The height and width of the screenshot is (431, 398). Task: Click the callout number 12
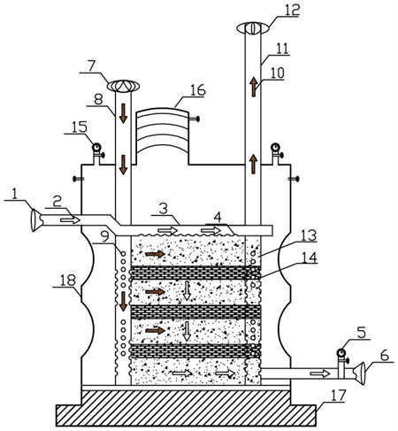click(x=292, y=10)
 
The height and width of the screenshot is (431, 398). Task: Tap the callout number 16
click(x=198, y=90)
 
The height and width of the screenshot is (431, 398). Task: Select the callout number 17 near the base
click(x=338, y=396)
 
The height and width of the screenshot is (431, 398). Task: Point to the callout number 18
click(x=68, y=281)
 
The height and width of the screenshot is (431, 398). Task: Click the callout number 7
click(x=91, y=66)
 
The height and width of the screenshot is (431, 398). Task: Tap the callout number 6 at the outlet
click(x=385, y=356)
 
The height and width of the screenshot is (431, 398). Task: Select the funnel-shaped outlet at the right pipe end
click(x=359, y=373)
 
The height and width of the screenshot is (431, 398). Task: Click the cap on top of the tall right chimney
click(x=253, y=28)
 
